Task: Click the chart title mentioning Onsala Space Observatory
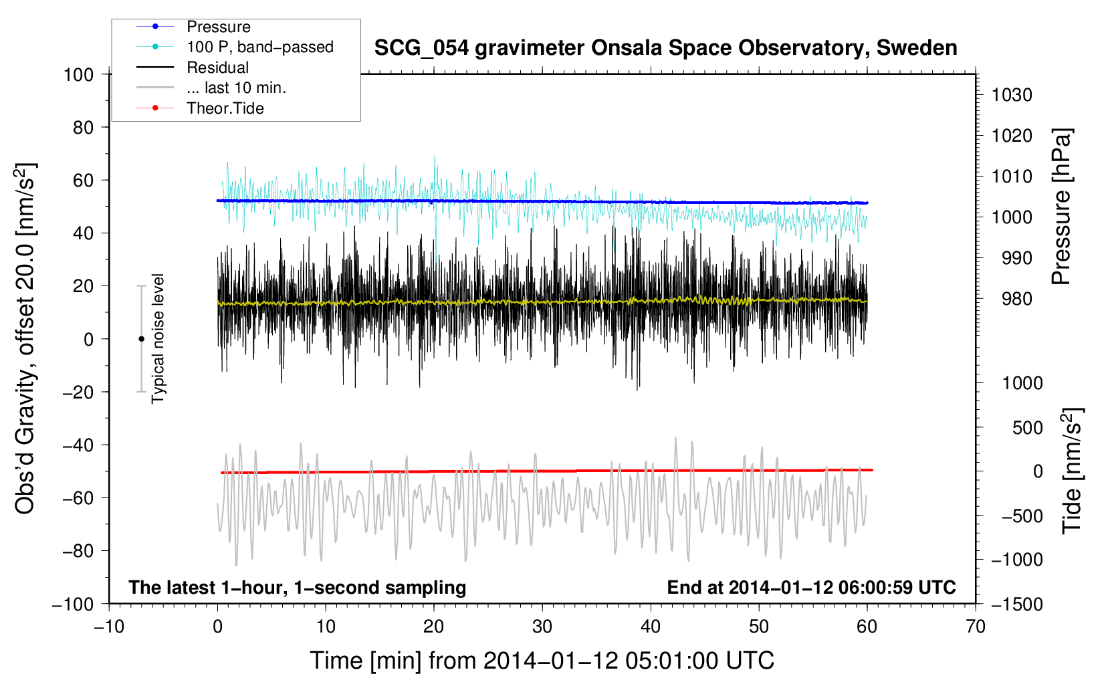(665, 48)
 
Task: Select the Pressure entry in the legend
(218, 27)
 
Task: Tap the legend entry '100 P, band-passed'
(259, 47)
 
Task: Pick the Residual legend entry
(217, 68)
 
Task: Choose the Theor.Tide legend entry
(225, 108)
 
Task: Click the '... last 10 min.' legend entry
(236, 88)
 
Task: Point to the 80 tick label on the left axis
(83, 127)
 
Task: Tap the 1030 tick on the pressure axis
(1012, 95)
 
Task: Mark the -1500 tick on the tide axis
(1017, 604)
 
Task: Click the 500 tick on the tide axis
(1027, 427)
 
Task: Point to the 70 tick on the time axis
(976, 627)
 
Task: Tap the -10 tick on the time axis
(109, 627)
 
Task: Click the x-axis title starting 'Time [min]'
(542, 661)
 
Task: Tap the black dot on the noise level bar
(141, 339)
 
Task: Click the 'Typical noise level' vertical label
(158, 339)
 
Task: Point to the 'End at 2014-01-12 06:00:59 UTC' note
(811, 587)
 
